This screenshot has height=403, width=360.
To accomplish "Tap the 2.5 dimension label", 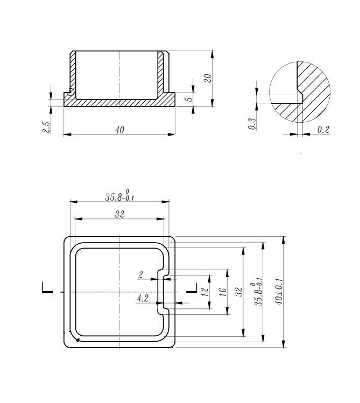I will click(x=47, y=127).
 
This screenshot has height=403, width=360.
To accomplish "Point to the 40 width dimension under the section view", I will click(x=119, y=130).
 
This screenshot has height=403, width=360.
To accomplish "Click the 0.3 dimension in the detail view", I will click(x=251, y=123).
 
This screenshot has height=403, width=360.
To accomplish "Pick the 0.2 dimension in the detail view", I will click(x=323, y=130).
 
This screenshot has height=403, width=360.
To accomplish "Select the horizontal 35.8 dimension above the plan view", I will click(x=119, y=195).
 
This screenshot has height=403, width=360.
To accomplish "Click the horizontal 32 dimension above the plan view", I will click(x=119, y=214).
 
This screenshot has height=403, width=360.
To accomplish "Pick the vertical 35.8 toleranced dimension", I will click(x=259, y=292).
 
